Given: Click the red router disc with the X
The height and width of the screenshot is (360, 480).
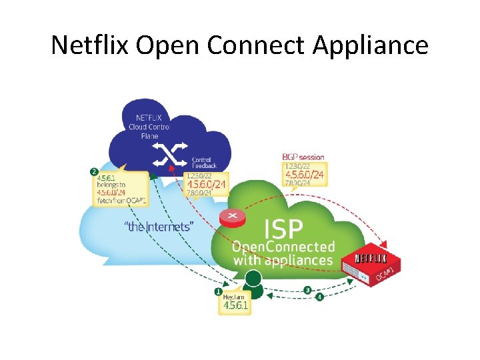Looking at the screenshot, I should (x=233, y=217).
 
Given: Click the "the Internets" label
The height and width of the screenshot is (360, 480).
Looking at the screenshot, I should (x=159, y=227).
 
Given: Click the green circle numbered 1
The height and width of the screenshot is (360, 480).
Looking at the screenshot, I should (x=218, y=291).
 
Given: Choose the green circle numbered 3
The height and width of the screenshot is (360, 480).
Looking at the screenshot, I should (x=307, y=289).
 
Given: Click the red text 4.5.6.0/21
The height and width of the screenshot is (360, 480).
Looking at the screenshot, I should (x=206, y=185).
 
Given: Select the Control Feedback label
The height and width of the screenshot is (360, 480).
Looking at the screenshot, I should (x=201, y=163).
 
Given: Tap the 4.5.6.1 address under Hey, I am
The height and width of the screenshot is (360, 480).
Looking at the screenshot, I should (x=235, y=306).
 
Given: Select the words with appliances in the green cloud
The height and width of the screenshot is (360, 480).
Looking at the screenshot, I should (x=283, y=260).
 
